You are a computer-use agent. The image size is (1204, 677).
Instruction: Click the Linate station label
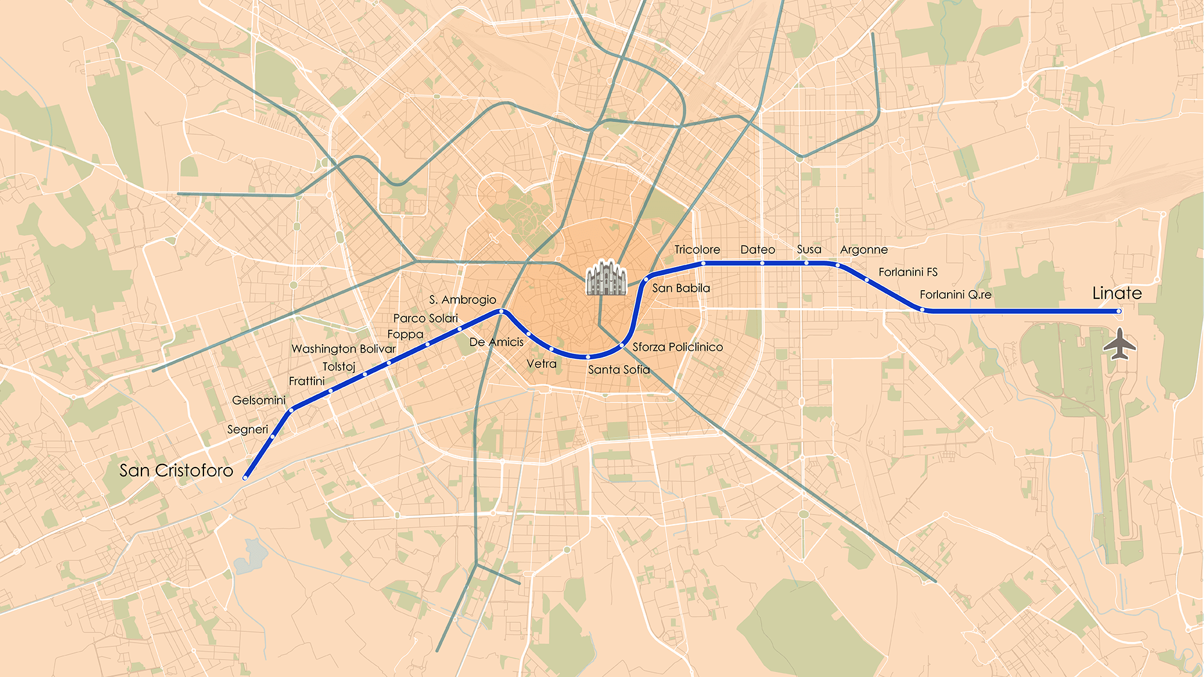coord(1117,294)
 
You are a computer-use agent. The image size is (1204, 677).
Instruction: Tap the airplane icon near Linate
coord(1119,344)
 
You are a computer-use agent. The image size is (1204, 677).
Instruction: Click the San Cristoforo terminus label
coord(176,471)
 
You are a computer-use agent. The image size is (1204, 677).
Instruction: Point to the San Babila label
coord(681,288)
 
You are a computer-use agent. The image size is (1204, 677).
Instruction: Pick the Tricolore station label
coord(697,250)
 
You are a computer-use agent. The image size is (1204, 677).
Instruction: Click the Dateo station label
coord(757,250)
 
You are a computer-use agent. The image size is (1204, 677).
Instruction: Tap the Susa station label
coord(808,250)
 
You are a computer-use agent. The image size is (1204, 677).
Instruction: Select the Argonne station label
coord(863,250)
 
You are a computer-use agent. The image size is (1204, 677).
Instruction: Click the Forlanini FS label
coord(908,272)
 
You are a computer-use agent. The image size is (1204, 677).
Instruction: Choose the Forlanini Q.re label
coord(955,295)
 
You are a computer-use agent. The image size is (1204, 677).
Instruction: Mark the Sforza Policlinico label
coord(677,347)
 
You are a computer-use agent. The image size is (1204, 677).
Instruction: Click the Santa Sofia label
coord(619,369)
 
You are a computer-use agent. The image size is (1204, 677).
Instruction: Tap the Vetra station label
coord(541,364)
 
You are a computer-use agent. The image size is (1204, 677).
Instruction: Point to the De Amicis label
coord(496,342)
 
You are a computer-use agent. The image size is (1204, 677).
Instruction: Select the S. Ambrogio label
coord(462,300)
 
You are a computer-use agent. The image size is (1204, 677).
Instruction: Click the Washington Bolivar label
coord(343,349)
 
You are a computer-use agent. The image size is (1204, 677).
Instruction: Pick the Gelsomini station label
coord(258,400)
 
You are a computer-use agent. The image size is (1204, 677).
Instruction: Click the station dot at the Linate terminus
coord(1119,311)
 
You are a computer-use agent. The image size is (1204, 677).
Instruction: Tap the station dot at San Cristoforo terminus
coord(245,478)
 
